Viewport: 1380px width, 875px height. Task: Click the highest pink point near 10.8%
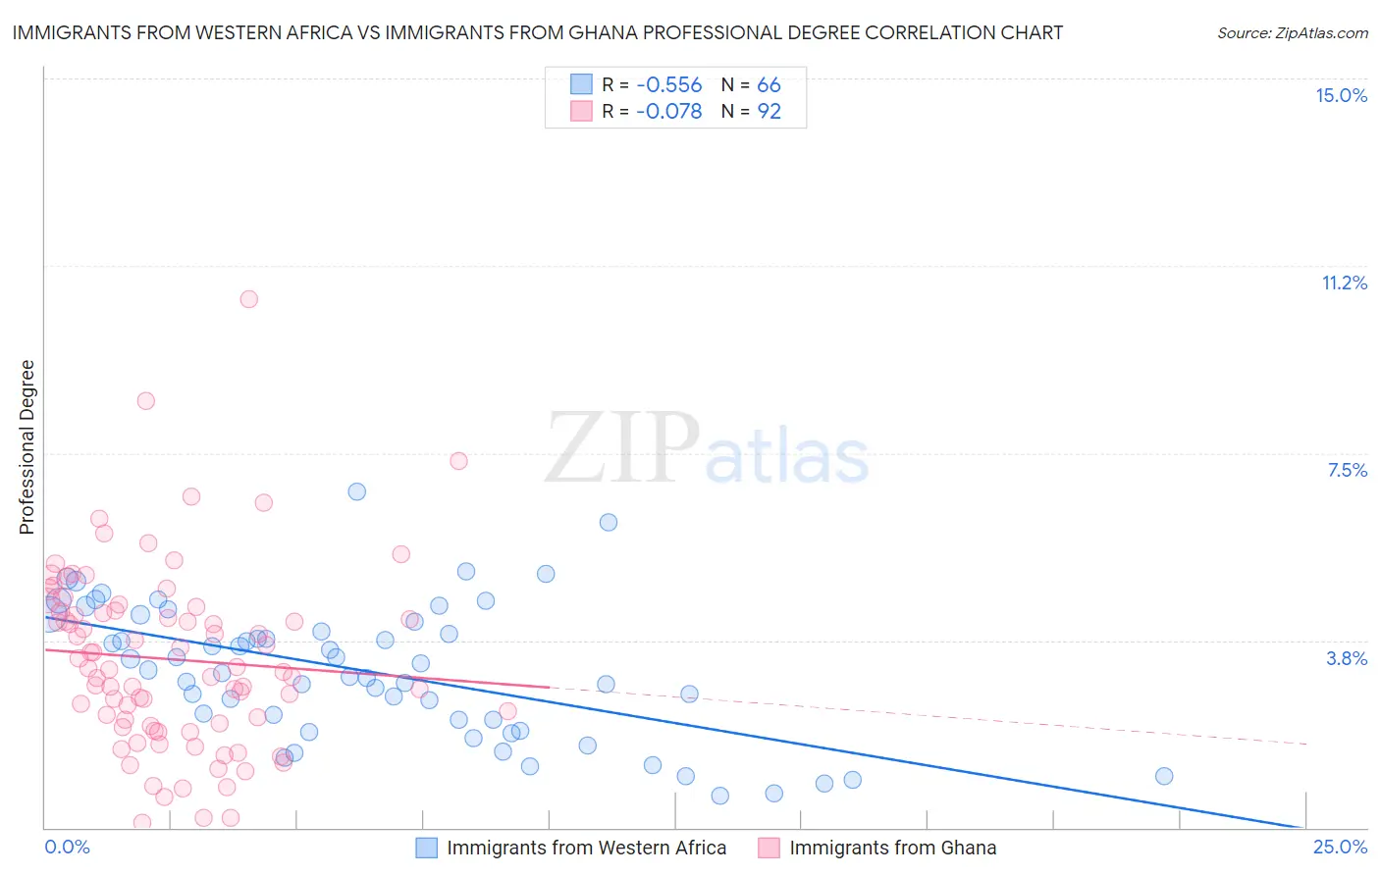click(x=249, y=299)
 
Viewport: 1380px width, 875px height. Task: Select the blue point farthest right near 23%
click(x=1164, y=776)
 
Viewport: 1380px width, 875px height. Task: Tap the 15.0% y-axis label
click(x=1341, y=95)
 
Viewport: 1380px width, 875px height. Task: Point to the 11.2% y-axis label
click(x=1344, y=283)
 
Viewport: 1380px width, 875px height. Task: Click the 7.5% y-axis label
click(x=1347, y=470)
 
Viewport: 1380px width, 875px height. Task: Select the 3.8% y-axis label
click(x=1347, y=658)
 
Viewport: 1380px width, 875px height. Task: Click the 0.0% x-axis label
click(x=67, y=847)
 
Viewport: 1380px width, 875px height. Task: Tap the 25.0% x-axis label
click(x=1340, y=847)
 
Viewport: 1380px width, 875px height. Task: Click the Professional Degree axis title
click(x=27, y=447)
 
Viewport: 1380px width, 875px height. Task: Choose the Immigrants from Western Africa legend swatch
click(x=426, y=848)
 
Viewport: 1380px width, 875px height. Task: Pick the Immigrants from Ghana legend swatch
click(x=769, y=848)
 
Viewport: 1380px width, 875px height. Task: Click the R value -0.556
click(x=668, y=85)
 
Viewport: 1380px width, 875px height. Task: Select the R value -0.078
click(x=668, y=112)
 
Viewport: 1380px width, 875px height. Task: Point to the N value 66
click(x=769, y=85)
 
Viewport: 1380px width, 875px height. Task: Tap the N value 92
click(x=769, y=112)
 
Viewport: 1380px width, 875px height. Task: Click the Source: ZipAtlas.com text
click(x=1292, y=33)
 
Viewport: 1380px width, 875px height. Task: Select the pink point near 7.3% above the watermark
click(x=458, y=461)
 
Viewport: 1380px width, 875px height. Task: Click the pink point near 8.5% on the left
click(x=146, y=400)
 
